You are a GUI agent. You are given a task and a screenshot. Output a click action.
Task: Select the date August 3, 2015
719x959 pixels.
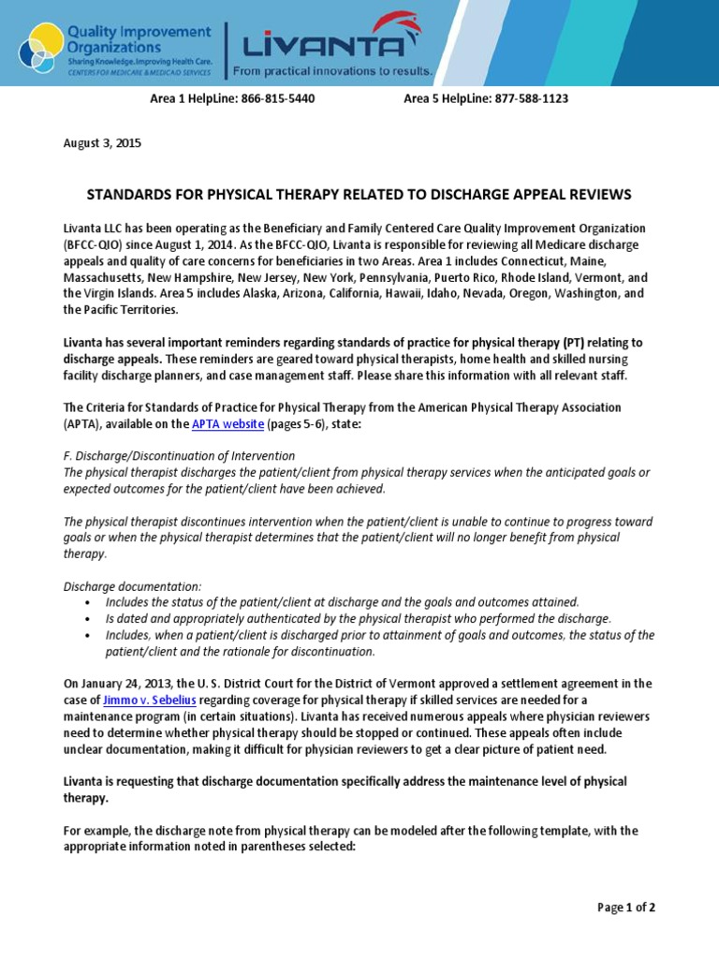(x=102, y=143)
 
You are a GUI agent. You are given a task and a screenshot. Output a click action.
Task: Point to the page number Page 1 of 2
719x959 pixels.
(x=626, y=907)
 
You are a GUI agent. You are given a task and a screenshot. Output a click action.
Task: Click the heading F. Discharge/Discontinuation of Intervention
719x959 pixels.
(x=179, y=456)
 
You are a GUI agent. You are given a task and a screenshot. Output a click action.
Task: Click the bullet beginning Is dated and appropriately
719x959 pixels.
(x=358, y=618)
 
